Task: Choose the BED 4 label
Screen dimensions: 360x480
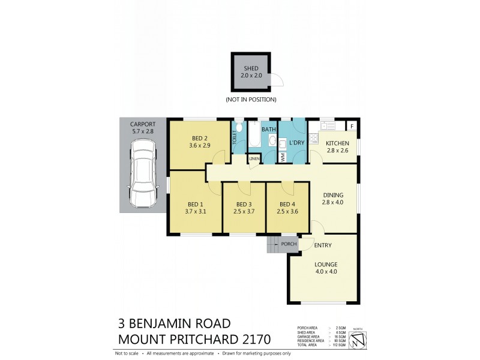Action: (286, 204)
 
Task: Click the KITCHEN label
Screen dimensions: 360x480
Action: (337, 143)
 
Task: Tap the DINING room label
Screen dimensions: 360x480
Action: (334, 195)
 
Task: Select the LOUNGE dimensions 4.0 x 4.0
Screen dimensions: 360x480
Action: (326, 272)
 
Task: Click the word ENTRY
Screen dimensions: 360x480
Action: (323, 245)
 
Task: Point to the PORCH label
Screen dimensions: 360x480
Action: (289, 244)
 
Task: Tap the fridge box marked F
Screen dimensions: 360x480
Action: (352, 125)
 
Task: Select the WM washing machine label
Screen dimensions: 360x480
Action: (283, 157)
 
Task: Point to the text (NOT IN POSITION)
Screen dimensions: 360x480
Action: (251, 100)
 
